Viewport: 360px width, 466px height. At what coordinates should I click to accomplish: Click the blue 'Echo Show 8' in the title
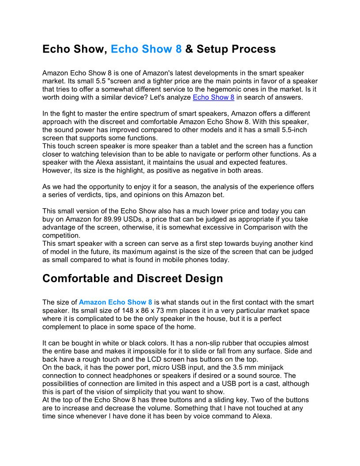(146, 49)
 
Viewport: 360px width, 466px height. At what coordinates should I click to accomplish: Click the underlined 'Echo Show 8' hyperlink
(214, 97)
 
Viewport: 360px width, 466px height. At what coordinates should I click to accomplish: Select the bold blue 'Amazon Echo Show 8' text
(116, 302)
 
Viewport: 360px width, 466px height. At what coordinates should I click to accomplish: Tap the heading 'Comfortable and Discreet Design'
(132, 279)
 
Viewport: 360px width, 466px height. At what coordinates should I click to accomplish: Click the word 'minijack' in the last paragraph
(283, 368)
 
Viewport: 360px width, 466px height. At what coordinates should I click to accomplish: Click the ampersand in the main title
(189, 49)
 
